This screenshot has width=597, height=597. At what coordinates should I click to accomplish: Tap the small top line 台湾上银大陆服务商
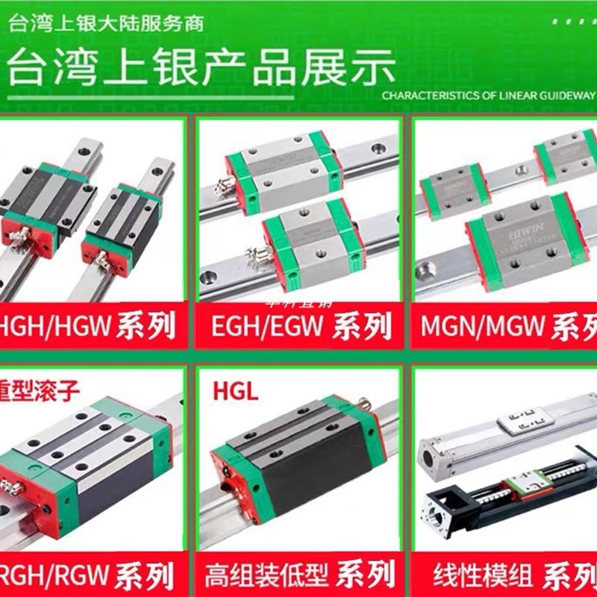coord(105,23)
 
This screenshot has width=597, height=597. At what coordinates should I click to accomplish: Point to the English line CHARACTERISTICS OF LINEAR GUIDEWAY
coord(489,96)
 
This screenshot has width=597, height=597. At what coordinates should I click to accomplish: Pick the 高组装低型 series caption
coord(298,575)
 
